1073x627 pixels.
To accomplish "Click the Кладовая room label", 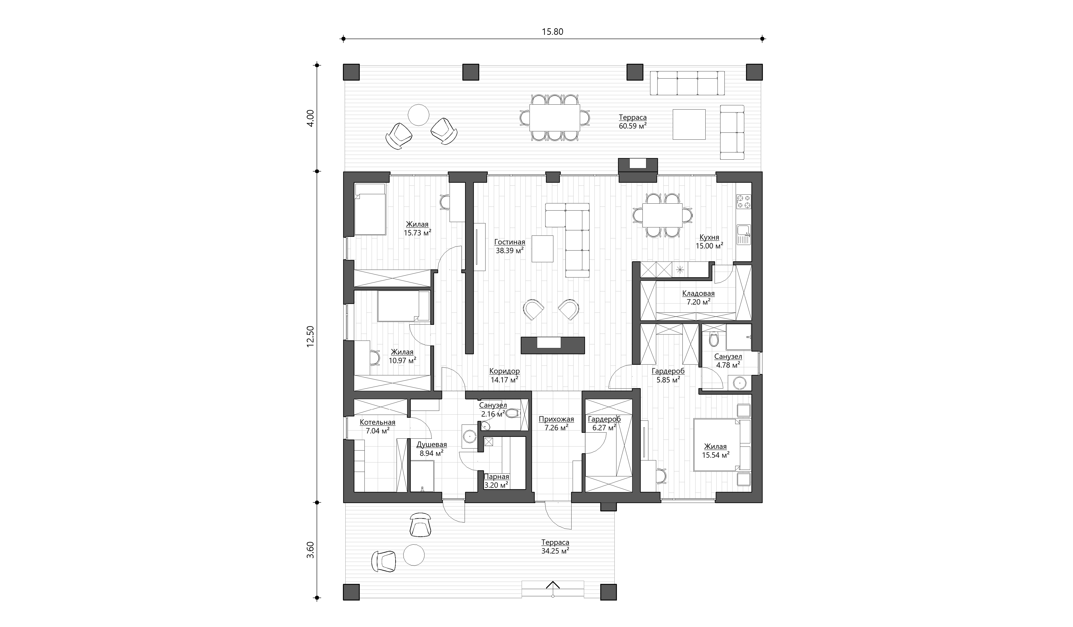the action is [698, 293].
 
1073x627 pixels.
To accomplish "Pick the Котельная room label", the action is [377, 422].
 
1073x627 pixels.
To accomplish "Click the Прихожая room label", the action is [556, 419].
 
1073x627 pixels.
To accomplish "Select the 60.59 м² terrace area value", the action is [633, 125].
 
